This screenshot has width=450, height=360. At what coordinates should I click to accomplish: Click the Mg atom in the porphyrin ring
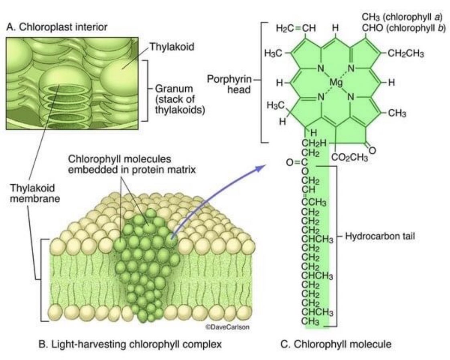click(x=335, y=82)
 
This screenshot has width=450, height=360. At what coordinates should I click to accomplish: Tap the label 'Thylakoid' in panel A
click(x=172, y=47)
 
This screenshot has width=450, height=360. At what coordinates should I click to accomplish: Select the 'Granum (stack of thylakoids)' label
click(x=177, y=98)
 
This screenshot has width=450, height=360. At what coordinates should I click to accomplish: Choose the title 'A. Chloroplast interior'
click(x=57, y=27)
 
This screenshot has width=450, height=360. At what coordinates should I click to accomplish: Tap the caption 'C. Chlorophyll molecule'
click(x=335, y=344)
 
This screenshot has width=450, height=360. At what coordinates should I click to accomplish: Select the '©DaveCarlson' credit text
click(x=227, y=327)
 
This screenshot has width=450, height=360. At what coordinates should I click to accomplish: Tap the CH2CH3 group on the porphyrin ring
click(x=405, y=55)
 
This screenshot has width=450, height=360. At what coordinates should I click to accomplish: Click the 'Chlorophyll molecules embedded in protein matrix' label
click(x=132, y=164)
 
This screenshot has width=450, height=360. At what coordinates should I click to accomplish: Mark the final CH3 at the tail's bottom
click(x=311, y=321)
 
